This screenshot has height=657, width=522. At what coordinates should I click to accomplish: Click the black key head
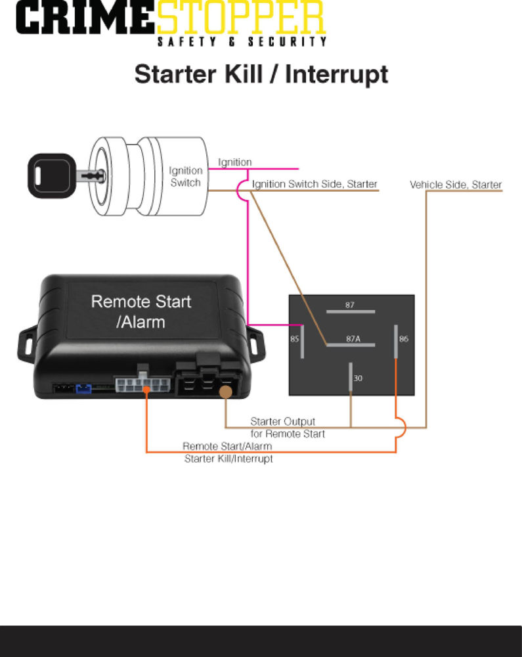coord(50,175)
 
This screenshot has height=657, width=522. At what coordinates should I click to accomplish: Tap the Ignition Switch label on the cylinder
coord(186,177)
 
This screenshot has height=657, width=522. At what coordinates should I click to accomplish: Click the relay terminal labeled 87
coord(351,311)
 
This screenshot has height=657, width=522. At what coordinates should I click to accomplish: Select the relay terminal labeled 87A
coord(351,344)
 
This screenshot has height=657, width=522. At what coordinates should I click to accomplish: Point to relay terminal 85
coord(302,340)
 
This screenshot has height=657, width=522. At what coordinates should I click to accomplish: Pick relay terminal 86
coord(396,340)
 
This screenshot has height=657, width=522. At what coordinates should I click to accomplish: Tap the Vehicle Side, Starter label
coord(456,185)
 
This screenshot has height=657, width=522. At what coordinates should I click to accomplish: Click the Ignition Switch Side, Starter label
coord(315,184)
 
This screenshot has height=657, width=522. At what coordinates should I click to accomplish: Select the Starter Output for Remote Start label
coord(287,428)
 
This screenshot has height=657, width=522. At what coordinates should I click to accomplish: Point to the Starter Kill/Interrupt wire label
coord(228,453)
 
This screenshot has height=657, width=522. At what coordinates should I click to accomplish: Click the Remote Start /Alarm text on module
coord(141,311)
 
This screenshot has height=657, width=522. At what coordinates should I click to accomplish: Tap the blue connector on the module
coord(83,388)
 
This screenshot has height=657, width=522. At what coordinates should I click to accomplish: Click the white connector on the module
coord(142,386)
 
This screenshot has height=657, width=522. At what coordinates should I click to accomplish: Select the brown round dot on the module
coord(226,392)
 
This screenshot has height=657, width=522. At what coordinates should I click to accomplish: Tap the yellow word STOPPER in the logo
coord(240,19)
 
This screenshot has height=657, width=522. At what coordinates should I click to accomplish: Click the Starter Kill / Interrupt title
coord(261,74)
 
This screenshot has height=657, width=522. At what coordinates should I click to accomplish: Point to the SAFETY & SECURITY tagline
coord(242,42)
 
